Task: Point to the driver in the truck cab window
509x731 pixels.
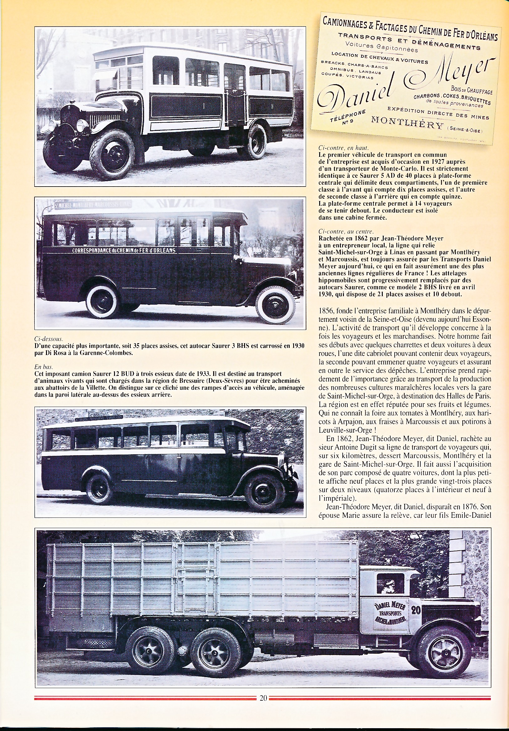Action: tap(391, 584)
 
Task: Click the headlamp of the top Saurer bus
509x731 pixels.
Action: tap(82, 126)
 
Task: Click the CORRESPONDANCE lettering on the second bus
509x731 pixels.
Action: tap(124, 250)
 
